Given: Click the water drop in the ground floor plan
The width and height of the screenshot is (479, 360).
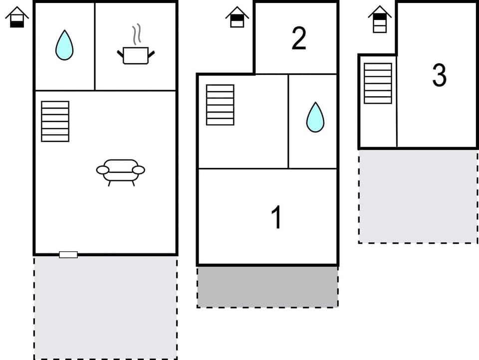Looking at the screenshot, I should (64, 45).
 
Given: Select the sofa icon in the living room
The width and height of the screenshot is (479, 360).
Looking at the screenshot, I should (121, 171).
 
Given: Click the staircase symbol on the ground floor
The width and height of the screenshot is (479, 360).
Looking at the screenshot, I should (55, 121).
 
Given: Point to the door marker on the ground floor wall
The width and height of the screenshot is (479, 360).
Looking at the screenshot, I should (68, 255).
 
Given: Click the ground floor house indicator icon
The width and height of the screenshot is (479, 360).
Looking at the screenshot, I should (17, 17).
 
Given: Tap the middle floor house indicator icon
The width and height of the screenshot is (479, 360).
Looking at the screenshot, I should (237, 17).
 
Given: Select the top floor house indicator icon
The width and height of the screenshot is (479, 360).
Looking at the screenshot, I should (380, 19).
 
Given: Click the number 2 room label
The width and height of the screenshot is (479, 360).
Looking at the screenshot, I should (298, 39).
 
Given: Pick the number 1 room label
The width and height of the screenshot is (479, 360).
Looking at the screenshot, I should (276, 217).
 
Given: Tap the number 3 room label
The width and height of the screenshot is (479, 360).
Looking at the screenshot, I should (439, 75).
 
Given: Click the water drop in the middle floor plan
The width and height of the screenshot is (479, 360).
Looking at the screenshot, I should (315, 118).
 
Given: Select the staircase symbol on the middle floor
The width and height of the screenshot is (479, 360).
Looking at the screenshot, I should (220, 105).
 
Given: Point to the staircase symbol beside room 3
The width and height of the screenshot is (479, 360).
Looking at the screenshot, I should (378, 83).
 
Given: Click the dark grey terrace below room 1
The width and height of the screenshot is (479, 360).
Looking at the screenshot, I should (267, 287).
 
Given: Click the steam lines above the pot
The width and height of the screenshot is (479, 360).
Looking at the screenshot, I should (136, 34).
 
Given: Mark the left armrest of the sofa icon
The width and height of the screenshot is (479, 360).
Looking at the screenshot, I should (102, 170).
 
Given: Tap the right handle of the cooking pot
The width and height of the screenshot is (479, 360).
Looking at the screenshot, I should (152, 52).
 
